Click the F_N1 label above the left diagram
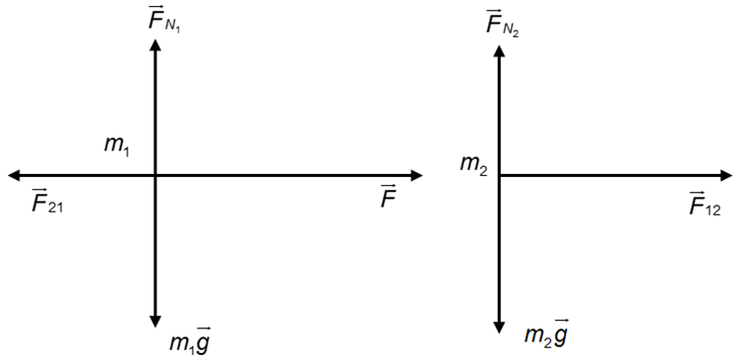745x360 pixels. [164, 20]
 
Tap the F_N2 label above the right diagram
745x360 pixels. [502, 24]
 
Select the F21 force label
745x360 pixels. [47, 201]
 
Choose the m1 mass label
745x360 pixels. [117, 145]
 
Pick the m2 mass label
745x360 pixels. [473, 164]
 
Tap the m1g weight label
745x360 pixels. [190, 340]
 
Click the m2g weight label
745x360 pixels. [546, 332]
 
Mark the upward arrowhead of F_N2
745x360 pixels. [499, 50]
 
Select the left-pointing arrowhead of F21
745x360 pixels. [14, 175]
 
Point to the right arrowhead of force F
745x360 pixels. [416, 175]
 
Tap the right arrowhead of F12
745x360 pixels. [726, 175]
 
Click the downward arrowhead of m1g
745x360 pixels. [155, 322]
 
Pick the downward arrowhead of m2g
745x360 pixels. [499, 328]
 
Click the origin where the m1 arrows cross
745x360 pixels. [155, 175]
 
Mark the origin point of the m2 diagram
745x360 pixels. [499, 175]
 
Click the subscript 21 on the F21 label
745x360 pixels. [55, 208]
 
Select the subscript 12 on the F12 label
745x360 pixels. [713, 210]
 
